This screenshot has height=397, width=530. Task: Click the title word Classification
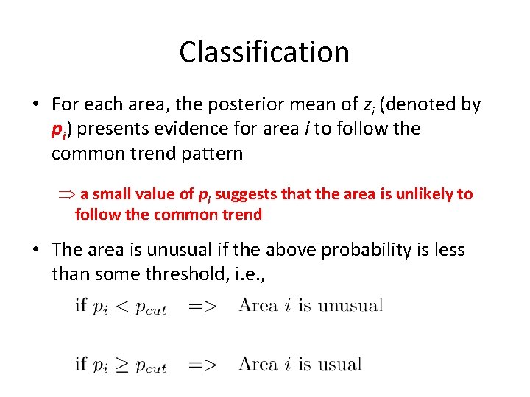click(x=264, y=52)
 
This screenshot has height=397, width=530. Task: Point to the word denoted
click(x=423, y=105)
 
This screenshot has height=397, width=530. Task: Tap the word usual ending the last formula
click(x=339, y=364)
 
